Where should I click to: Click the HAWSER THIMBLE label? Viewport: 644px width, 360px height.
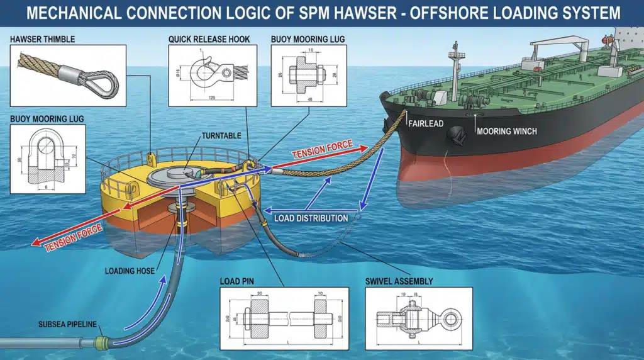coord(42,39)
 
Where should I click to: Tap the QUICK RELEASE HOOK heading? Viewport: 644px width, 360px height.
coord(209,39)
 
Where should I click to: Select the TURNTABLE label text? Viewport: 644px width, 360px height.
coord(219,135)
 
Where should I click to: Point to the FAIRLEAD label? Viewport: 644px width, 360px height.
coord(426,124)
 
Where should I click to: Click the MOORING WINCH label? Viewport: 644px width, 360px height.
coord(507,132)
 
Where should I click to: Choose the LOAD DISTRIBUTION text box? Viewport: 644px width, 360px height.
coord(311,218)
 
